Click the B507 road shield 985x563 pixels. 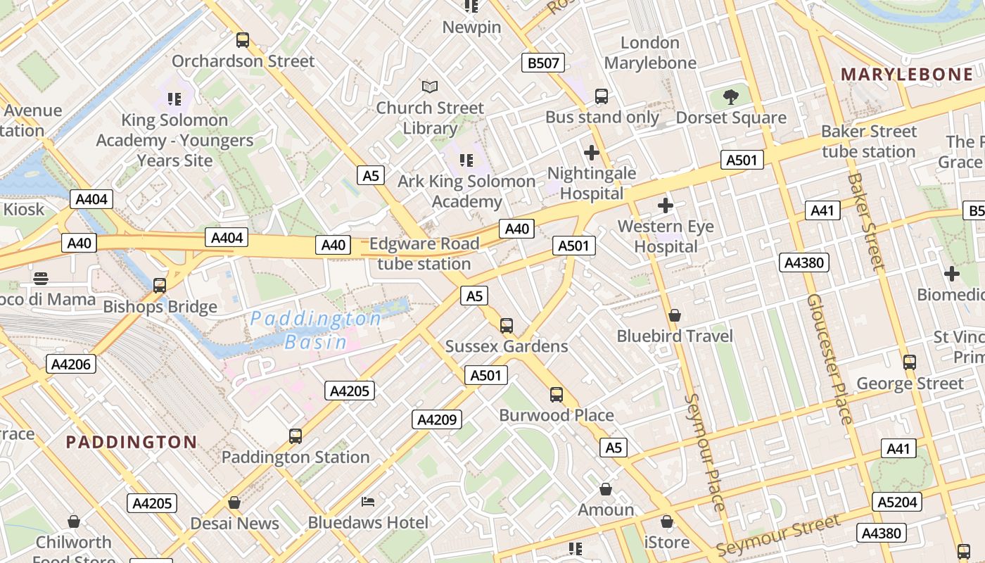(543, 63)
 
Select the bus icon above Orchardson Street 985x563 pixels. (243, 40)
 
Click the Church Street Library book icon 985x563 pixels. (430, 87)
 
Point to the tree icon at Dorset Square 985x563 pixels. (731, 96)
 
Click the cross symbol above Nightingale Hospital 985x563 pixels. (592, 152)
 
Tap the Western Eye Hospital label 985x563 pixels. (666, 236)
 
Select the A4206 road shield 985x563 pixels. (70, 364)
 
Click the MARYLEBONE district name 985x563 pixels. (907, 75)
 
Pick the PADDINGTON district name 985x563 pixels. (132, 442)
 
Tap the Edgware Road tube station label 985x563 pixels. (424, 254)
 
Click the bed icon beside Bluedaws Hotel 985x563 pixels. (368, 502)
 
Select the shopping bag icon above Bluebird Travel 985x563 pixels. (674, 315)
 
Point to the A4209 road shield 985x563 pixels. (437, 420)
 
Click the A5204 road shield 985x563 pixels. (897, 502)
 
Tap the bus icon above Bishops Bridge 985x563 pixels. (160, 285)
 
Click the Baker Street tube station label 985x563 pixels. (869, 141)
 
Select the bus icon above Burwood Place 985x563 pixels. (557, 395)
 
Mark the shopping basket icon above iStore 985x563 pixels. (667, 522)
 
